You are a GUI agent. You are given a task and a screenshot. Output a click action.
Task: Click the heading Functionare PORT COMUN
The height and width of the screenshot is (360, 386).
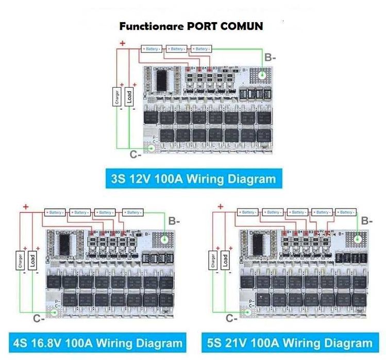pyautogui.click(x=191, y=26)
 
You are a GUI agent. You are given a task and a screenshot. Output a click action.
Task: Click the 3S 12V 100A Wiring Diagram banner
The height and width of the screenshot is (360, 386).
pyautogui.click(x=193, y=179)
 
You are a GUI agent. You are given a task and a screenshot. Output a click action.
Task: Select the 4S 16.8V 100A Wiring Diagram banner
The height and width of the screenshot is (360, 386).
pyautogui.click(x=96, y=342)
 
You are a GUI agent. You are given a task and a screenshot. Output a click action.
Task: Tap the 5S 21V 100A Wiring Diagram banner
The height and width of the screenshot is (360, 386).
pyautogui.click(x=290, y=342)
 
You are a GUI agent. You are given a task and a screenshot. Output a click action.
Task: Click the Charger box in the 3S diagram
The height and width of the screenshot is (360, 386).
pyautogui.click(x=118, y=96)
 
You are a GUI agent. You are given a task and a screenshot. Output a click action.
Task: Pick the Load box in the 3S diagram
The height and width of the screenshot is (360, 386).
pyautogui.click(x=129, y=95)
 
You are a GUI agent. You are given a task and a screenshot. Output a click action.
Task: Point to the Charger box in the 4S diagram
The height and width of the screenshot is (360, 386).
pyautogui.click(x=20, y=260)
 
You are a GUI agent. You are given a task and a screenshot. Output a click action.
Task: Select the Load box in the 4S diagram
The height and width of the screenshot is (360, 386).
pyautogui.click(x=32, y=260)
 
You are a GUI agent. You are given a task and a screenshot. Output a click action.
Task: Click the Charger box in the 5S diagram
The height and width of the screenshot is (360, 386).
pyautogui.click(x=212, y=260)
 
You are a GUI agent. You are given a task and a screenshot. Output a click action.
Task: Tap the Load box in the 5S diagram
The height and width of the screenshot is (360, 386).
pyautogui.click(x=225, y=260)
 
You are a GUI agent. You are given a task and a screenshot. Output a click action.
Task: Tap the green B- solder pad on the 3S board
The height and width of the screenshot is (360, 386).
pyautogui.click(x=262, y=75)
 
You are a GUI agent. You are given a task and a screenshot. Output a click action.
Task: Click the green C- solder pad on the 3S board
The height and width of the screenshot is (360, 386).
pyautogui.click(x=152, y=148)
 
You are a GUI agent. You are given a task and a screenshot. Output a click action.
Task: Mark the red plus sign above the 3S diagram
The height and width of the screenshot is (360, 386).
pyautogui.click(x=123, y=43)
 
